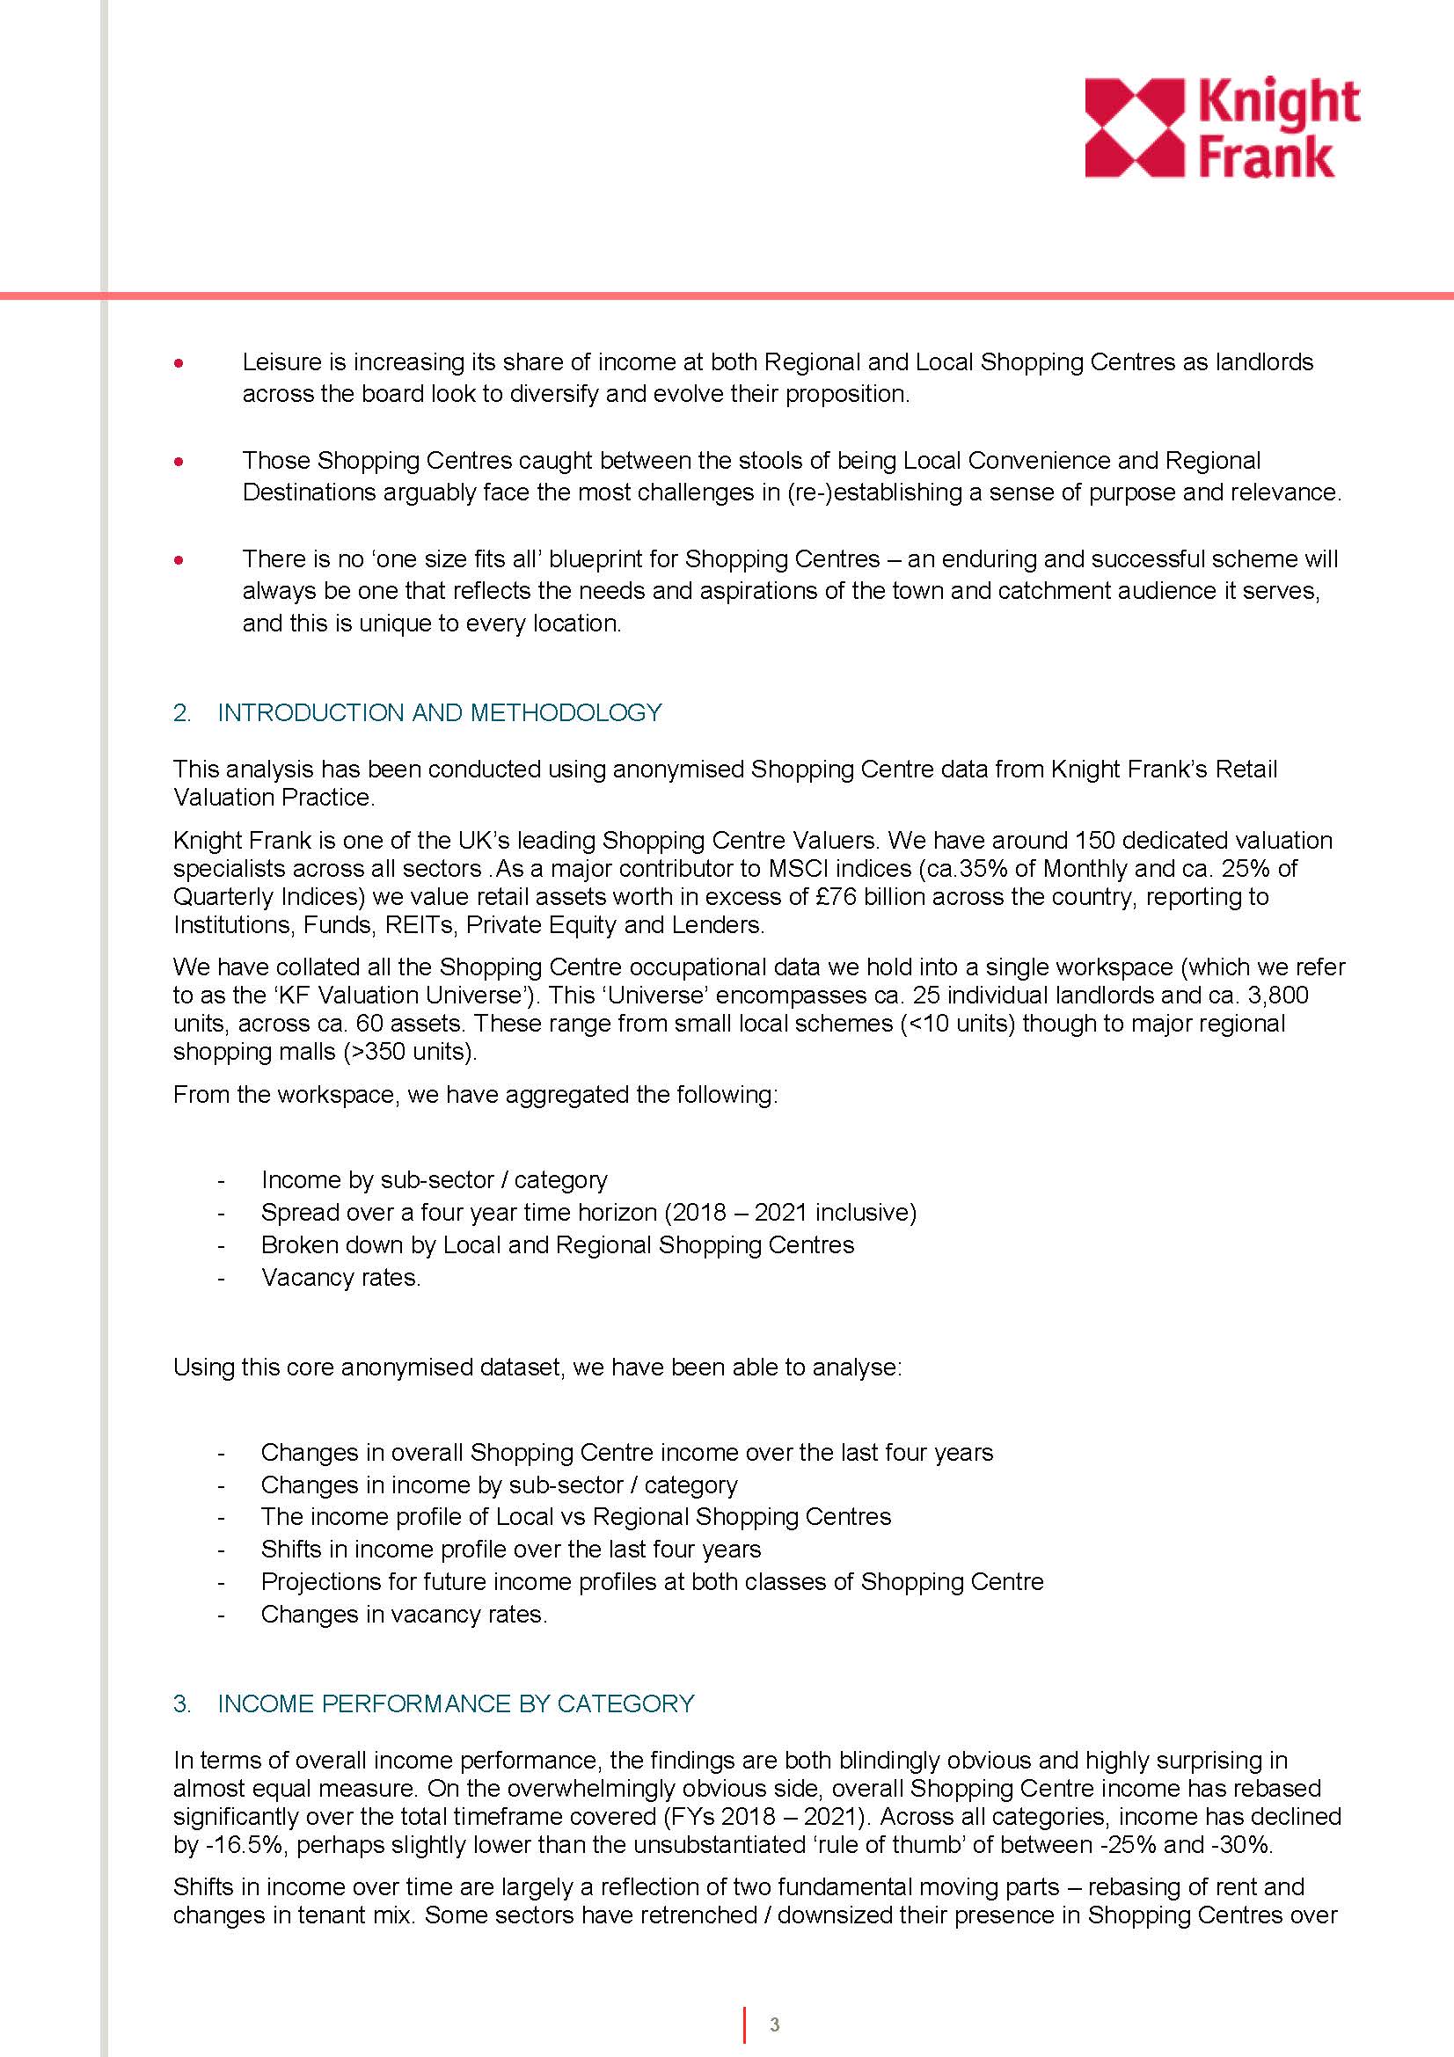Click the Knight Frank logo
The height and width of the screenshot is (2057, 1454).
(1222, 128)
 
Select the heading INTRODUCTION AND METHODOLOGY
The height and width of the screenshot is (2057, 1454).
(439, 713)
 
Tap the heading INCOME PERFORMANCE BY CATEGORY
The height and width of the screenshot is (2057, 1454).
(455, 1704)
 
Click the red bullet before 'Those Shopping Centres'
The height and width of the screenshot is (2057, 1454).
(180, 463)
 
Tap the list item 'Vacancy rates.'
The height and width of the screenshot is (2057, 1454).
(340, 1278)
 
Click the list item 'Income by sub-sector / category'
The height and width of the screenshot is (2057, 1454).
(434, 1180)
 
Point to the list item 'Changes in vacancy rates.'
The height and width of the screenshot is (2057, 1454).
(403, 1615)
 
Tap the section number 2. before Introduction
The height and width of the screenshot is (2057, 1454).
(182, 713)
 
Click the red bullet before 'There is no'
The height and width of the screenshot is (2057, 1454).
(180, 561)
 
